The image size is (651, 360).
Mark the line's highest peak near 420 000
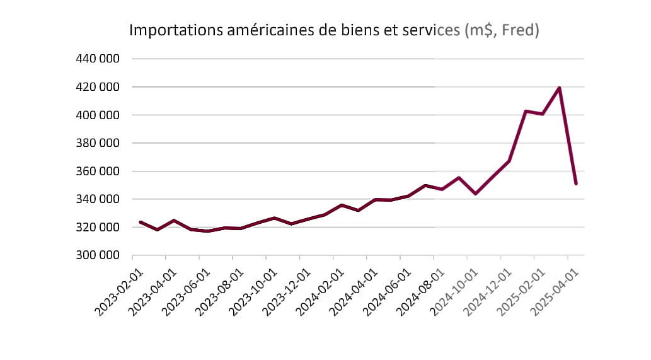click(559, 88)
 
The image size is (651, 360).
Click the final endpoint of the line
click(576, 183)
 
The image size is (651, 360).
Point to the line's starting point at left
click(140, 222)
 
